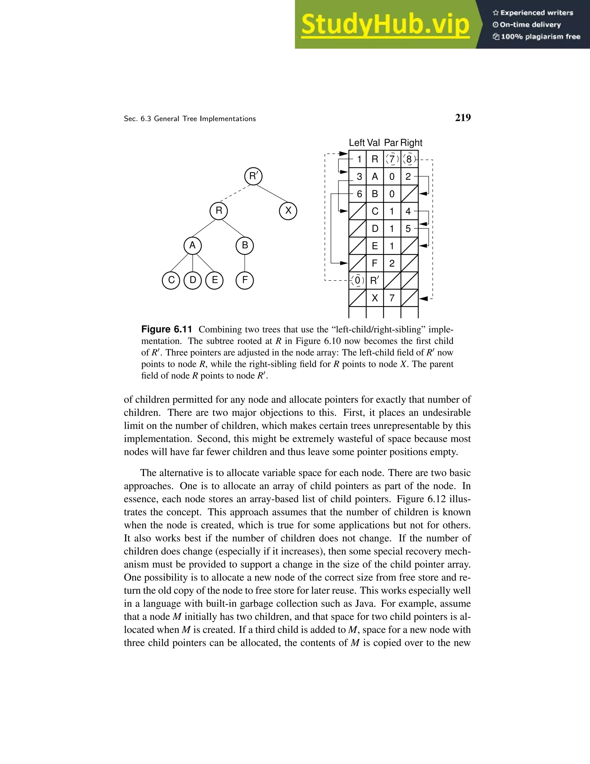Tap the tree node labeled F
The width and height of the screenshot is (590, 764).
(245, 280)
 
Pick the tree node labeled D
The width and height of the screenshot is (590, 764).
(193, 280)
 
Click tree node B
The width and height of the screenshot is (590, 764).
(245, 246)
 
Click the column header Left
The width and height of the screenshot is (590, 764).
(357, 143)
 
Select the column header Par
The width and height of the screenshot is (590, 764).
(391, 143)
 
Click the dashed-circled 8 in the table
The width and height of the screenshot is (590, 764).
(409, 159)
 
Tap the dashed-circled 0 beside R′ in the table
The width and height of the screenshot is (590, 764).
(357, 281)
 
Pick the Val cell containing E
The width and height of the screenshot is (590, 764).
(375, 246)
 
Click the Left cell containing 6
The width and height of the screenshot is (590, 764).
(359, 194)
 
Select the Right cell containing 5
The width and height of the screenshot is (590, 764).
(408, 228)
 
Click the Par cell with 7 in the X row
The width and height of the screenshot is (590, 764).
(392, 298)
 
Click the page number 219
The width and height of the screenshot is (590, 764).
(463, 118)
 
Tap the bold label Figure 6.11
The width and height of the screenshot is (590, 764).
(167, 329)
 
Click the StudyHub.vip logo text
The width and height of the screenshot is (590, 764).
(385, 25)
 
